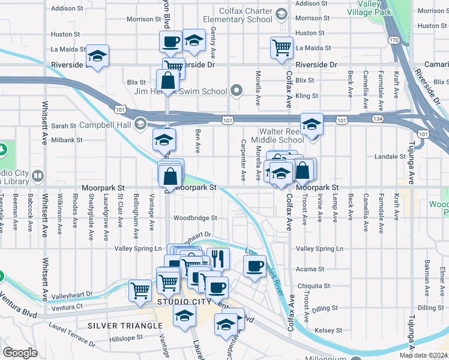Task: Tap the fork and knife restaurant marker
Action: click(x=218, y=259)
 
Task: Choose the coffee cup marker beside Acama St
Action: click(x=255, y=266)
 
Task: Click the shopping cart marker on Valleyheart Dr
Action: click(x=140, y=290)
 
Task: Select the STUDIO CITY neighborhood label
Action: click(x=185, y=302)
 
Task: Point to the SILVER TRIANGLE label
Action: click(x=125, y=325)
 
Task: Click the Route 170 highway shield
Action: click(x=394, y=40)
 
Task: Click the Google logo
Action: click(x=20, y=353)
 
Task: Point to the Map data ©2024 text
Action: click(x=423, y=355)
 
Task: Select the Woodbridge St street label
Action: click(x=194, y=218)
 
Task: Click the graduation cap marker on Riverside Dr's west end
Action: click(x=97, y=56)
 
